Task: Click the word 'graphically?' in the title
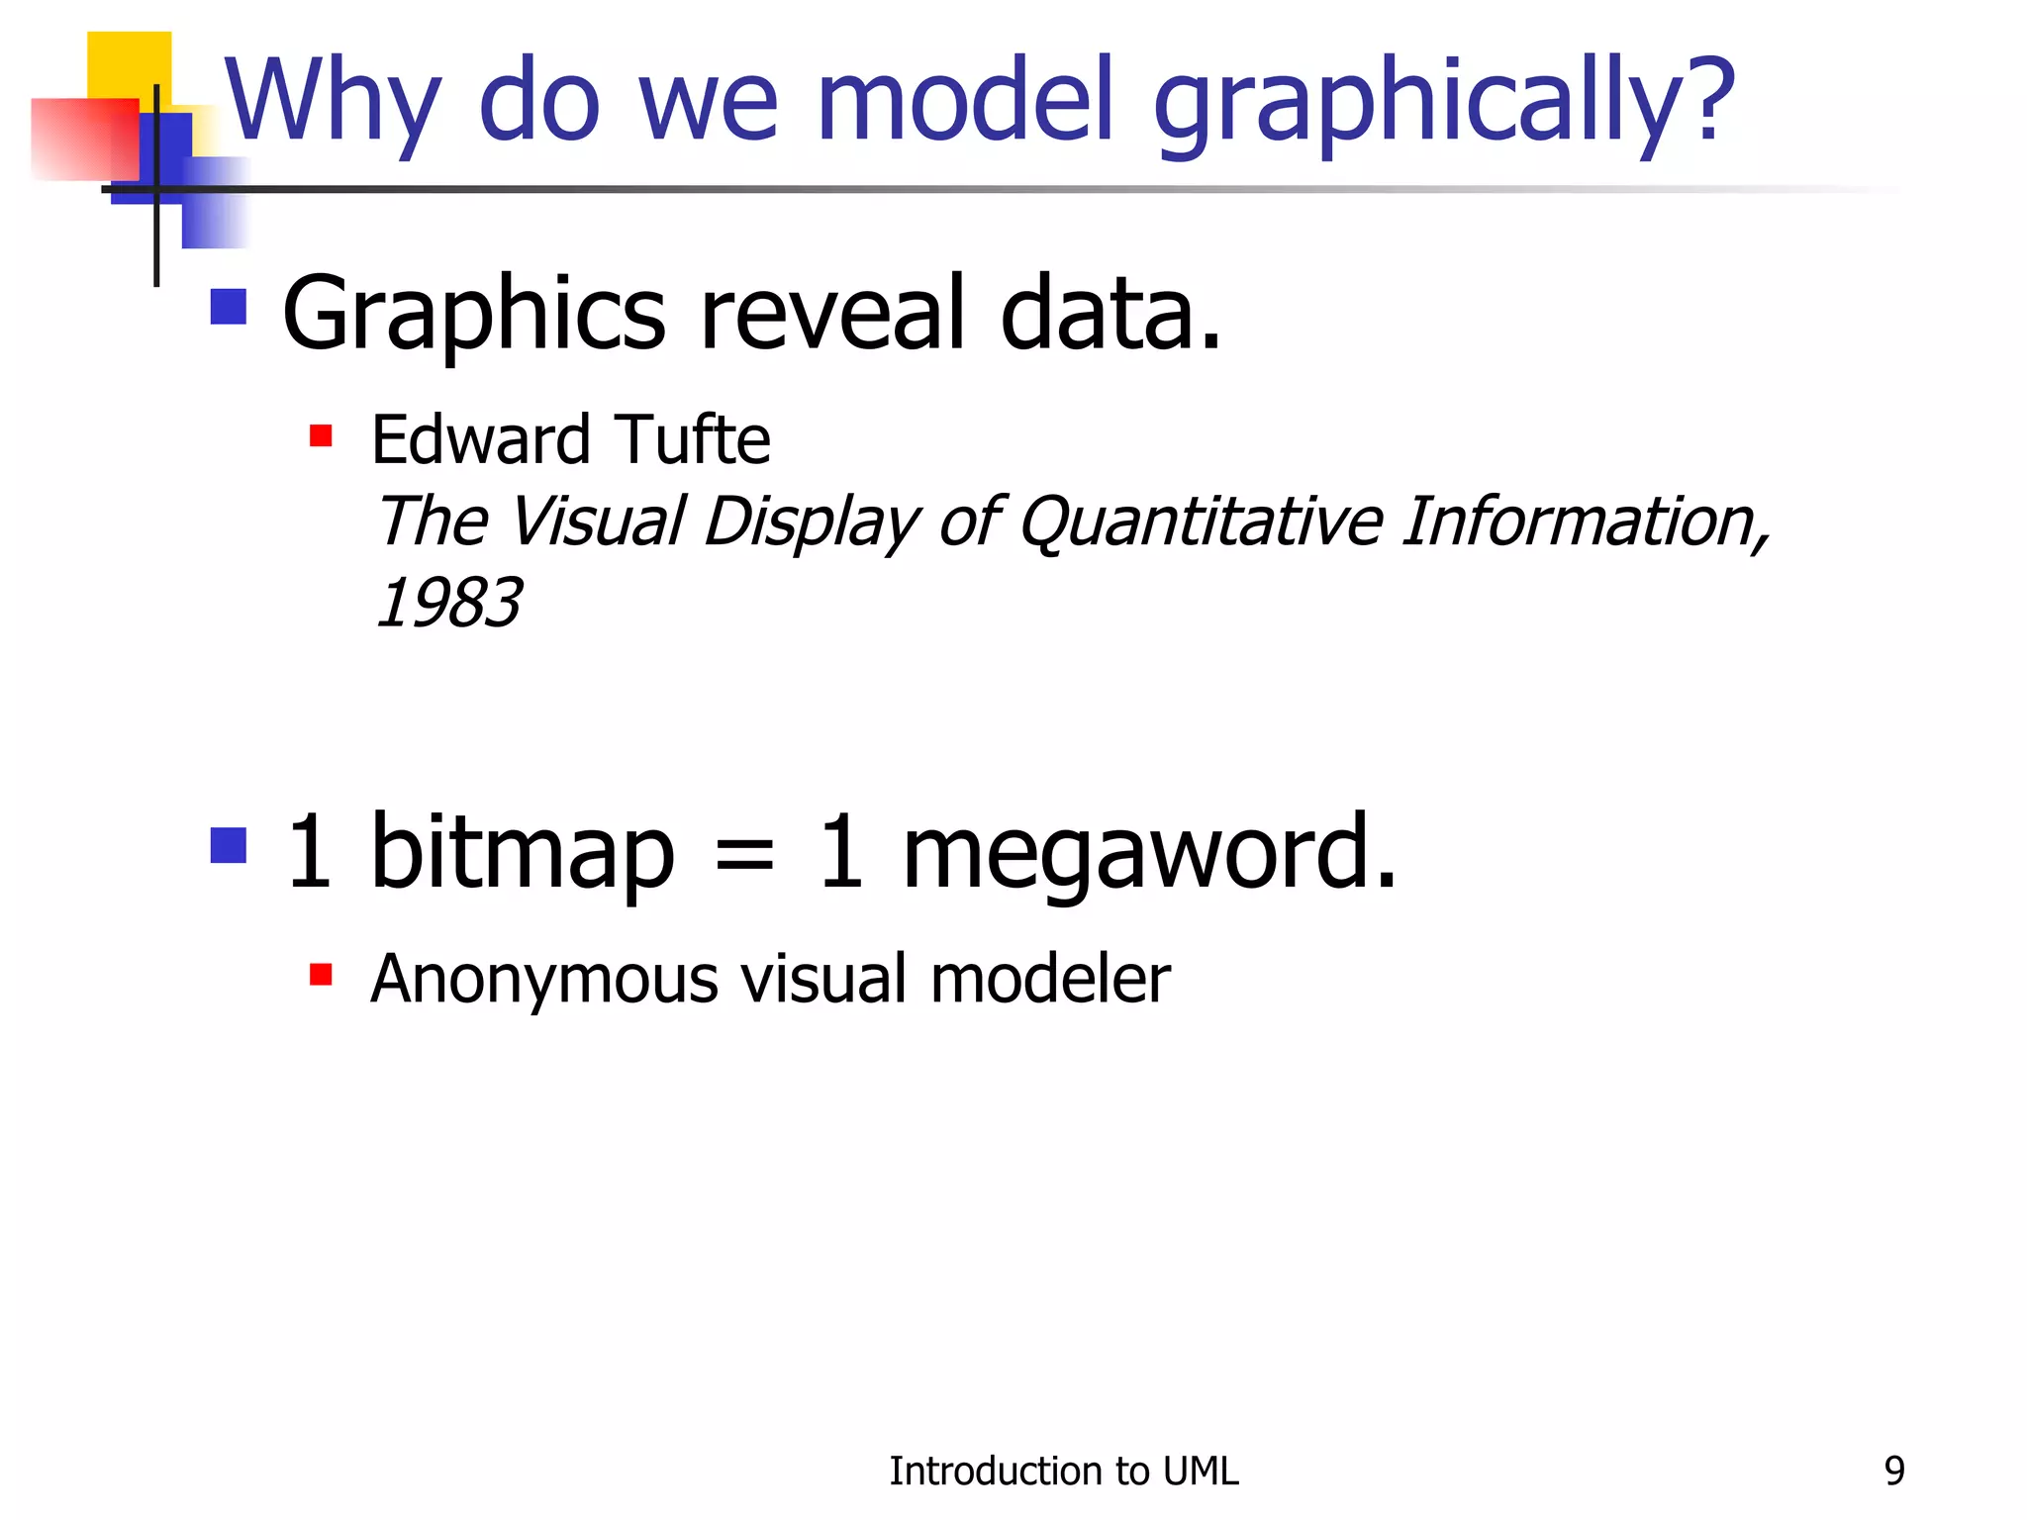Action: coord(1443,104)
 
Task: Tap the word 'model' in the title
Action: coord(966,99)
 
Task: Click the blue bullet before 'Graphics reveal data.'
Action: coord(229,307)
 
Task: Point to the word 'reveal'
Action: coord(832,314)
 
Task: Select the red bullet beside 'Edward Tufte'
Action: coord(321,436)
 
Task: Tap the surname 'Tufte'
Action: coord(692,440)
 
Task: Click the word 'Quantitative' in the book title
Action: coord(1201,522)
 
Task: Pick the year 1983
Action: coord(448,603)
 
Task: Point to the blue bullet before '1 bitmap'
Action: coord(229,846)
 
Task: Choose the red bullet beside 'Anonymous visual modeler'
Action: coord(321,976)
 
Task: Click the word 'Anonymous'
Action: coord(543,980)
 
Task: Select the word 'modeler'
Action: coord(1050,979)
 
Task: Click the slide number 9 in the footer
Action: coord(1894,1472)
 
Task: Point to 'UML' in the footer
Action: coord(1201,1472)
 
